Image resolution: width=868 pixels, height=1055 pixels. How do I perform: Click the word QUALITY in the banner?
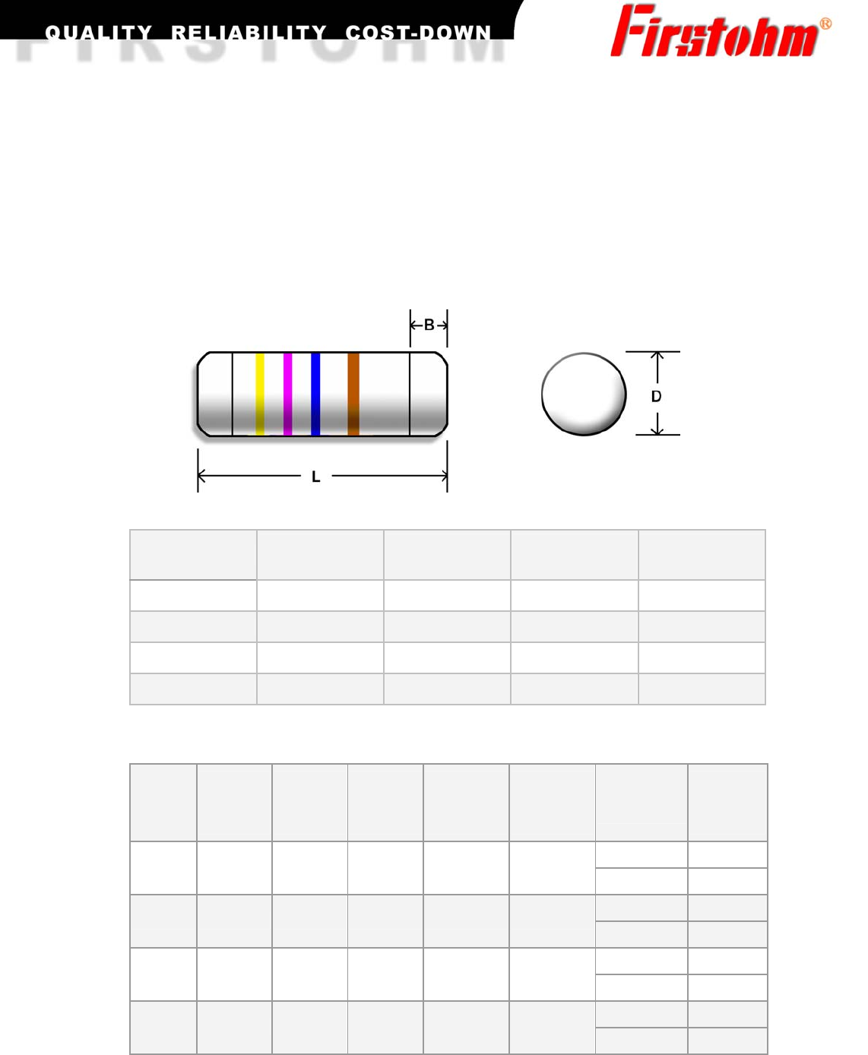pos(99,33)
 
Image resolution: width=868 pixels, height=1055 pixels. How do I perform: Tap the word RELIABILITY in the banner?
pos(249,33)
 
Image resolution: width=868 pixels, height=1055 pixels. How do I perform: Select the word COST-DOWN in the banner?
pos(418,33)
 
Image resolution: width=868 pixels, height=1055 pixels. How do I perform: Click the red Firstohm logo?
pos(714,31)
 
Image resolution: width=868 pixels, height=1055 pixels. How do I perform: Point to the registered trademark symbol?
pos(825,24)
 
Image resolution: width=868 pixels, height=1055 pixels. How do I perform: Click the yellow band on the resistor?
pos(260,394)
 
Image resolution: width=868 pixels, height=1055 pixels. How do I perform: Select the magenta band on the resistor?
pos(287,394)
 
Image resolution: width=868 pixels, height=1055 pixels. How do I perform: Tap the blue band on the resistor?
pos(315,394)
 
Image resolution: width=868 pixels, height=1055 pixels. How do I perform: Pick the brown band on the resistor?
pos(353,394)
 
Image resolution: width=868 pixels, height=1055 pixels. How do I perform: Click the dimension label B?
pos(429,325)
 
